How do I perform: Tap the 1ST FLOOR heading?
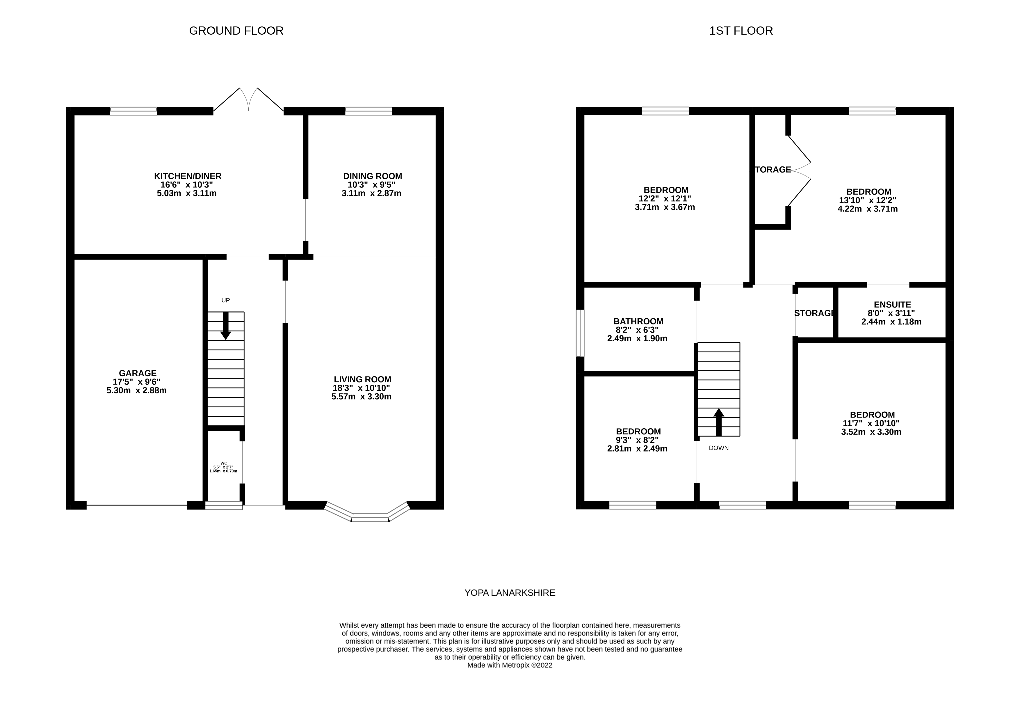coord(741,31)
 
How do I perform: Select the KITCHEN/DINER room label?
coord(188,176)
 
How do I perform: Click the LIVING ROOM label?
coord(362,379)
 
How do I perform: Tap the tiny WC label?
coord(224,463)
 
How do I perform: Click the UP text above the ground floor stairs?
coord(225,300)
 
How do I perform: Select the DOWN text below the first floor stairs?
coord(718,448)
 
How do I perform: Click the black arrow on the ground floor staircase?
coord(225,326)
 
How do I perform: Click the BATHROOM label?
coord(638,322)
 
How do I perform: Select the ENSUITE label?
coord(892,304)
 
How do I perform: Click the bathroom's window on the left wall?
coord(580,333)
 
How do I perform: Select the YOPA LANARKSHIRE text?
coord(510,593)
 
